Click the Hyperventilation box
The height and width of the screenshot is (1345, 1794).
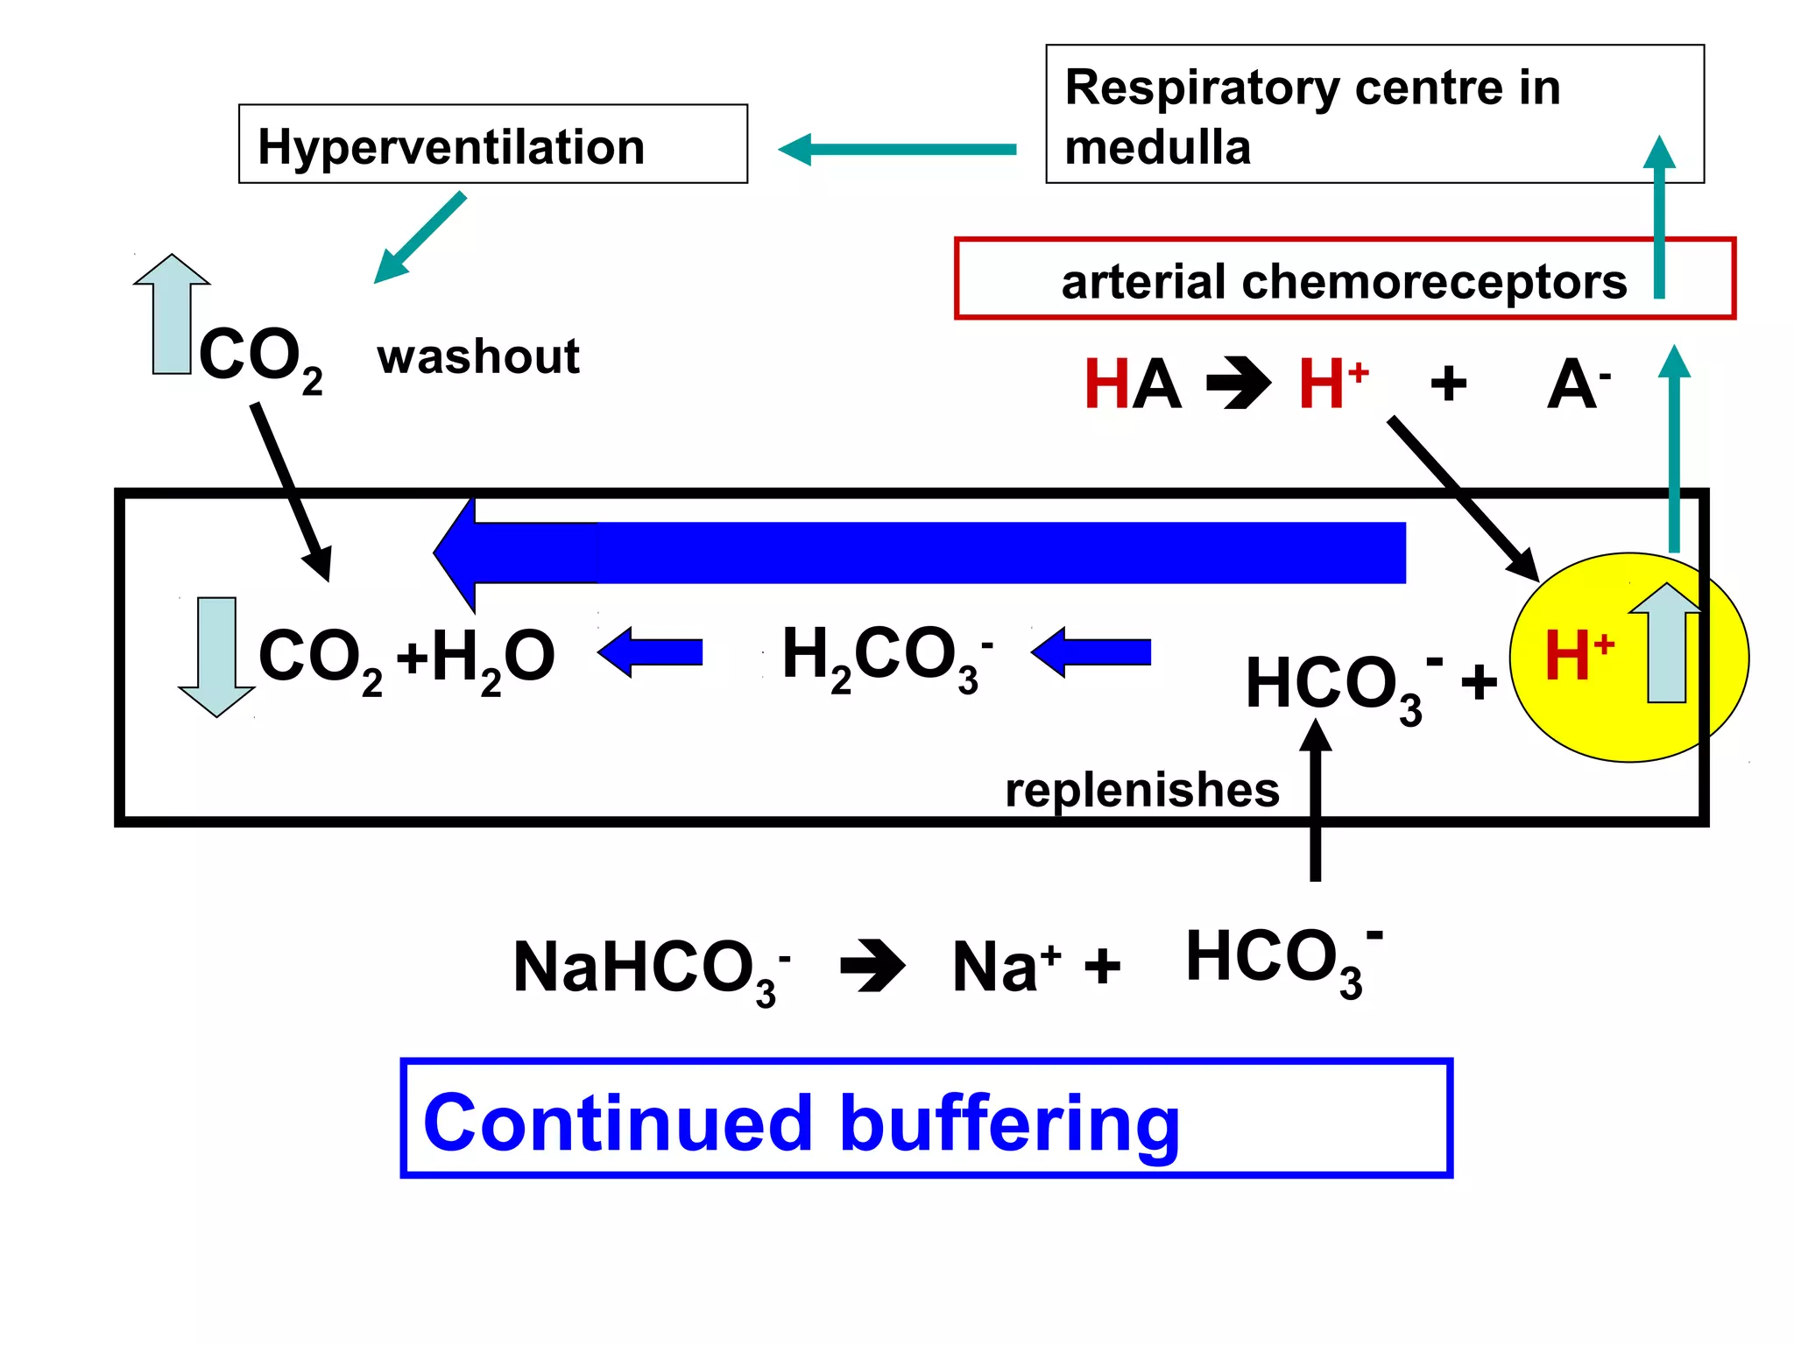coord(492,144)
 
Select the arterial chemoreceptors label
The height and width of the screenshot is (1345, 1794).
coord(1343,281)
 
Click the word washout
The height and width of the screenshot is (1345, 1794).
coord(478,356)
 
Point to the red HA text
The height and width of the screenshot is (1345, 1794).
coord(1132,384)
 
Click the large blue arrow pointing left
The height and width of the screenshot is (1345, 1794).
coord(920,553)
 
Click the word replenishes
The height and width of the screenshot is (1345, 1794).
coord(1141,790)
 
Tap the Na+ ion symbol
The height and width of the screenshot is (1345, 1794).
coord(1005,967)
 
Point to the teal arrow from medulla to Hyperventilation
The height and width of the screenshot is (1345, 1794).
coord(897,150)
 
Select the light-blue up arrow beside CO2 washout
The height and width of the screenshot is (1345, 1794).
coord(172,313)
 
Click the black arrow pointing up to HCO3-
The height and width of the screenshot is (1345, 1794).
coord(1315,797)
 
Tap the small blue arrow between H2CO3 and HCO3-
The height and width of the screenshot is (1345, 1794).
coord(1091,652)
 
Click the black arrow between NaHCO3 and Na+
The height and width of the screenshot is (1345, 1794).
coord(872,966)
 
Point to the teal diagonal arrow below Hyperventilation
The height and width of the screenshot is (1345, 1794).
coord(419,238)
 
